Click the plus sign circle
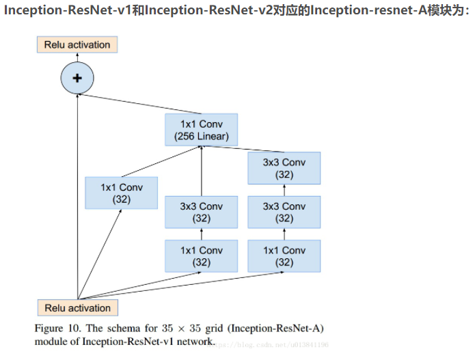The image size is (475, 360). coord(77,78)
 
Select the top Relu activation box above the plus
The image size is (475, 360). coord(77,45)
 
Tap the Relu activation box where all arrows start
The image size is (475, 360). coord(77,307)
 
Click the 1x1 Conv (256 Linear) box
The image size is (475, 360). coord(201,130)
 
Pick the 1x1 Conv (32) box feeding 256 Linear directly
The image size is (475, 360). coord(121,193)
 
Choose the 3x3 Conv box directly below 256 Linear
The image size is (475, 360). coord(201,212)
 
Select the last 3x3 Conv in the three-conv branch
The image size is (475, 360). coord(284,169)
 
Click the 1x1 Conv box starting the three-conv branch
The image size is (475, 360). coord(284,256)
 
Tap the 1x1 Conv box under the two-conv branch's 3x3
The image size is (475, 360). coord(201,256)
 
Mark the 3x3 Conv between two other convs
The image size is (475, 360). coord(284,212)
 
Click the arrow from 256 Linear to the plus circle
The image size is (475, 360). coord(137,102)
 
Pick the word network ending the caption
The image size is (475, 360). coord(194,341)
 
